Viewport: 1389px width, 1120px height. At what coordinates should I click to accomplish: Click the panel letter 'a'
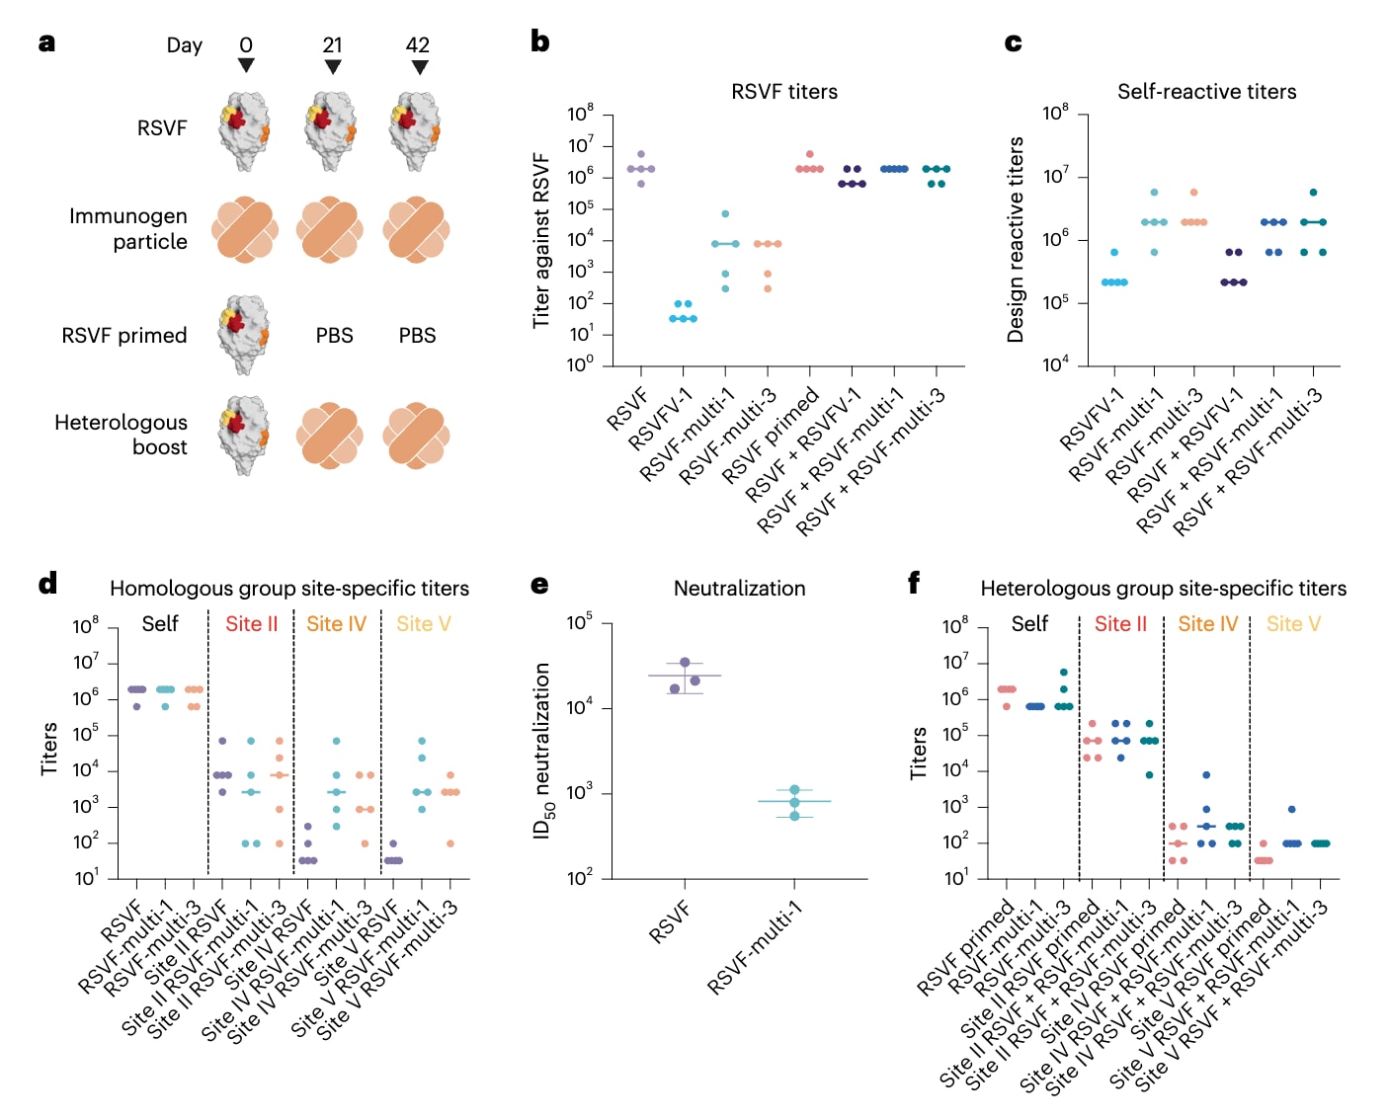pos(46,43)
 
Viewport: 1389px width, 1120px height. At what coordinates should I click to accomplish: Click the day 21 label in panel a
pos(332,45)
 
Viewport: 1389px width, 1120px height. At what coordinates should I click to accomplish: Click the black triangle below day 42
pos(420,67)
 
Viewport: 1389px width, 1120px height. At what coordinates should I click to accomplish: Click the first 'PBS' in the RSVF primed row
pos(334,336)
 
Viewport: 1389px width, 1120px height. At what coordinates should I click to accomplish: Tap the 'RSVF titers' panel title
pos(784,92)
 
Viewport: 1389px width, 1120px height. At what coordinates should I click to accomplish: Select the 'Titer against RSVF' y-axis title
pos(541,240)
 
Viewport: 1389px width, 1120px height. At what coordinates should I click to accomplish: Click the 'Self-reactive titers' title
pos(1206,92)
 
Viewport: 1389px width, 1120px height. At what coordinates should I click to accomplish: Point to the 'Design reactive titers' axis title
pos(1016,240)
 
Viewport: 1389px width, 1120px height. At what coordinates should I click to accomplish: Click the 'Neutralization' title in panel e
pos(739,589)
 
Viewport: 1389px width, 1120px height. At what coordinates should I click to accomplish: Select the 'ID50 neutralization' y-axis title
pos(543,751)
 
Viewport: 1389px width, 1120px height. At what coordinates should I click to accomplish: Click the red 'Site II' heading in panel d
pos(251,624)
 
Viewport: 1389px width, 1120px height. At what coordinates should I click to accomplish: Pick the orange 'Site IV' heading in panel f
pos(1207,624)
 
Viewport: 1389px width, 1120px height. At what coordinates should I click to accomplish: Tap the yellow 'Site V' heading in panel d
pos(423,624)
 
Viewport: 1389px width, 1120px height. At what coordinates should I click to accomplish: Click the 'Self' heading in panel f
pos(1029,624)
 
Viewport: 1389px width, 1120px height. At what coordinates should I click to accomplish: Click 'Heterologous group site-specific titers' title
pos(1163,589)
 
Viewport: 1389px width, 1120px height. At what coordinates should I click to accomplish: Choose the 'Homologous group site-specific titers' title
pos(289,589)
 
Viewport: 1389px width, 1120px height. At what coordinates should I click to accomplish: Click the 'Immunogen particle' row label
pos(128,229)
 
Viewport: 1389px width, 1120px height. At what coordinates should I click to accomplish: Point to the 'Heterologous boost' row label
pos(121,435)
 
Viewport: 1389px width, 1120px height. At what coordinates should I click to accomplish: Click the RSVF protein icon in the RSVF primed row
pos(245,335)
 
